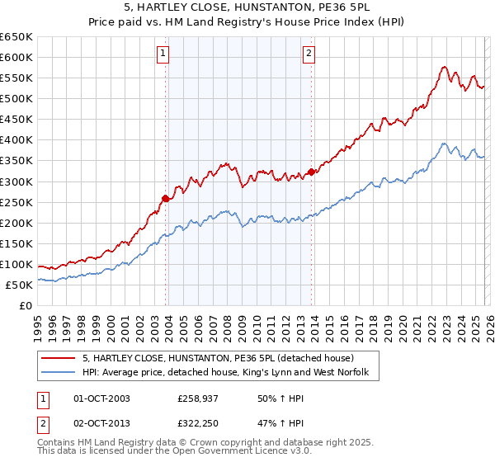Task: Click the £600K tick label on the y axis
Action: coord(16,57)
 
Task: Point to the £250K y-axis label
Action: coord(16,202)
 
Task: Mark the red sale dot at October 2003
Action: coord(165,198)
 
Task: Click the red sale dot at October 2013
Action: coord(311,172)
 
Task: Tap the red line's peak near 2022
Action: coord(444,67)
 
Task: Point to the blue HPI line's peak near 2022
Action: coord(444,144)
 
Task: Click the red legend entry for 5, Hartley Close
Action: coord(218,359)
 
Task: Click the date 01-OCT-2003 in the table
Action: coord(102,398)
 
